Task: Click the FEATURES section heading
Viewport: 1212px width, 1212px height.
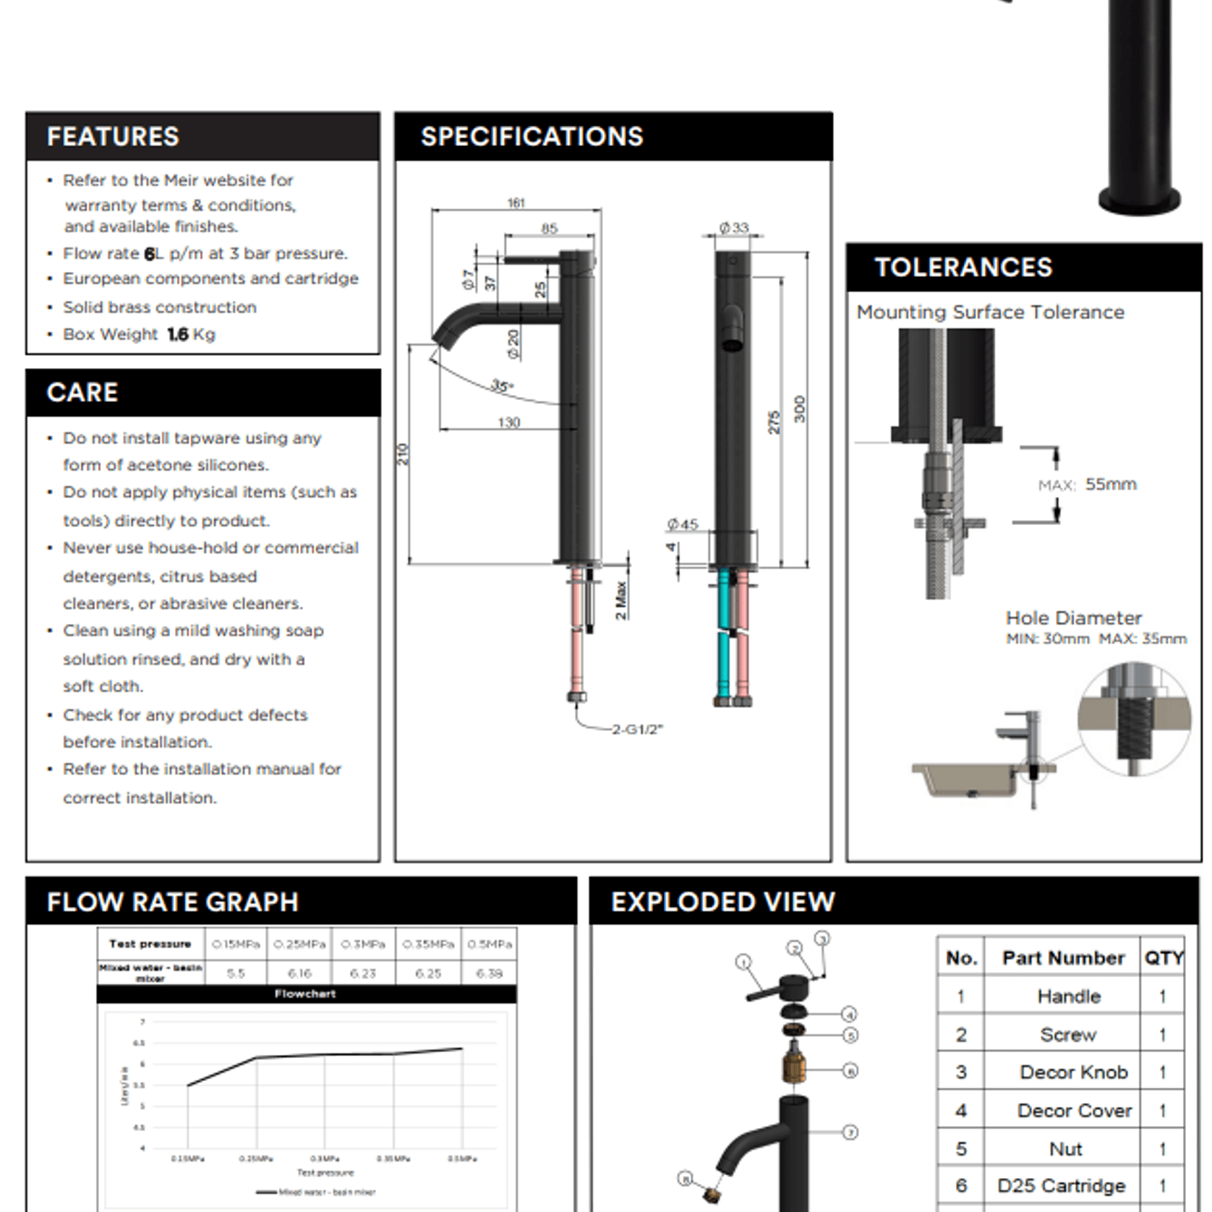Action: click(113, 137)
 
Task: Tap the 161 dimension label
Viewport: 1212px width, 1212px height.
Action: click(516, 203)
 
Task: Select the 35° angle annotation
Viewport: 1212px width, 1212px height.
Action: click(502, 385)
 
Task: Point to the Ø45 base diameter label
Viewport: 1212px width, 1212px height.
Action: click(683, 524)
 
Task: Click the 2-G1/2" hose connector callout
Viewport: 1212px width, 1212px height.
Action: click(637, 729)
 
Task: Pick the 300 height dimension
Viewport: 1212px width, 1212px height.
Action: click(799, 409)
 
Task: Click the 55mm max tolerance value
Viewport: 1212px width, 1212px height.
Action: click(1110, 484)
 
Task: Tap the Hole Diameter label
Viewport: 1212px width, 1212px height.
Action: click(1073, 618)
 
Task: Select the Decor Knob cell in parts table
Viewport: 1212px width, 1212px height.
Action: click(1073, 1072)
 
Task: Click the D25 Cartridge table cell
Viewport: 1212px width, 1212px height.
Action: click(1061, 1185)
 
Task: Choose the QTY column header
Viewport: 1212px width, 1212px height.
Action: click(1163, 958)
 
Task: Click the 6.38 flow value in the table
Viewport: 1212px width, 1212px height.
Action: click(489, 973)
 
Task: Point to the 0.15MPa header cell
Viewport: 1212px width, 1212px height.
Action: click(236, 944)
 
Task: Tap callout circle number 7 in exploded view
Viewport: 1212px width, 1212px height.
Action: click(850, 1132)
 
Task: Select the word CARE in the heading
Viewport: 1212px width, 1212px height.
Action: click(82, 393)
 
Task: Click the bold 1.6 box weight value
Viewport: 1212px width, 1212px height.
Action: click(177, 334)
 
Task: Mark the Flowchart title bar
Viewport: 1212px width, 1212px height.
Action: click(306, 994)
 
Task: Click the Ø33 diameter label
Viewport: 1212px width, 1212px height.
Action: click(733, 228)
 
